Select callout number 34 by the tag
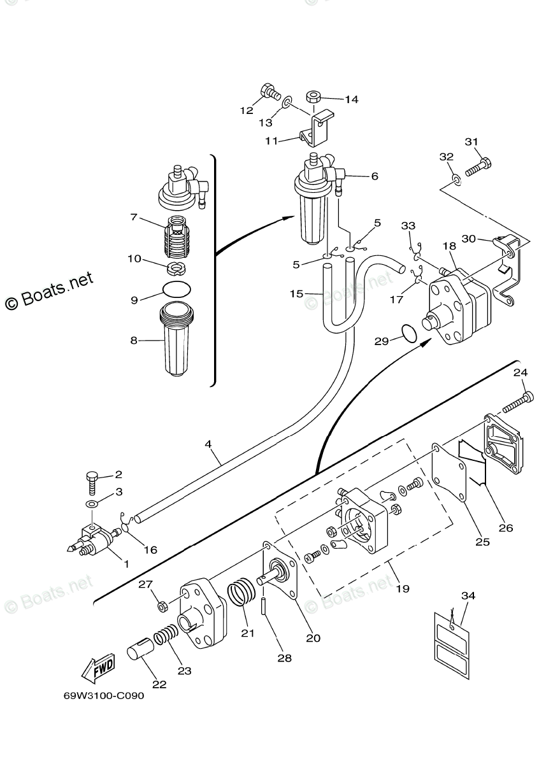coord(468,596)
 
